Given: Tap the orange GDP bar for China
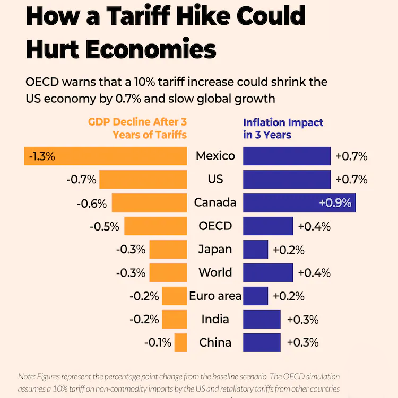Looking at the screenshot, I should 180,342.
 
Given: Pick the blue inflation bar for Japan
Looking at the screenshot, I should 255,249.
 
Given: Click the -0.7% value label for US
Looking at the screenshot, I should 81,179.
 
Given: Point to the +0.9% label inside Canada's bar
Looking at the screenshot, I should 335,203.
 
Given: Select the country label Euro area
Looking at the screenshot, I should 215,296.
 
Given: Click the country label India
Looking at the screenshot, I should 215,319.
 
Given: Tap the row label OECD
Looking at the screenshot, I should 215,226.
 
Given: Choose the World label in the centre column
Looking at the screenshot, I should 215,272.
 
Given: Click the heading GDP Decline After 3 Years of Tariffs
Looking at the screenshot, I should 137,129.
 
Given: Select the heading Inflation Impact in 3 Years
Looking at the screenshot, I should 283,129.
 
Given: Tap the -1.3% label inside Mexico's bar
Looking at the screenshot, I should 42,156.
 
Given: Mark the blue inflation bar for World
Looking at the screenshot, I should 268,272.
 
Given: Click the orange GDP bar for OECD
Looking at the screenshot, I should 155,226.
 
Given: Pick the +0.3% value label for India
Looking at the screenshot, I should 302,320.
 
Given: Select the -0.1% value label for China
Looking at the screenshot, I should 158,343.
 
